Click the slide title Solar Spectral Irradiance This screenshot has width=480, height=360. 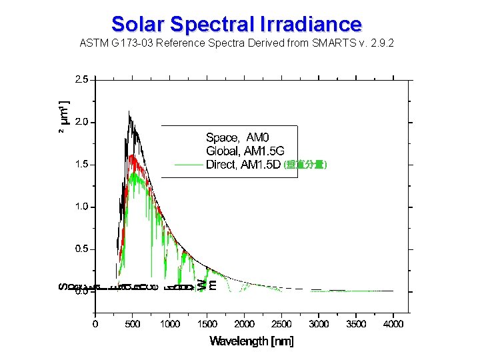pos(237,24)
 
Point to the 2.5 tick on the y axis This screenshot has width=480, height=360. pos(81,79)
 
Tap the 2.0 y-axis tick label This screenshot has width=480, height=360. pos(81,122)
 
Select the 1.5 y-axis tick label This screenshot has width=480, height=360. pos(81,165)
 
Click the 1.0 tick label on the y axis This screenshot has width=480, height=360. pos(81,207)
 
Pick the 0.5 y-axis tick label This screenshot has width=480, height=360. pos(81,249)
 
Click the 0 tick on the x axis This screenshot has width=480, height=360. pos(95,324)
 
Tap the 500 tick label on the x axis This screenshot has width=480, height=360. pos(133,324)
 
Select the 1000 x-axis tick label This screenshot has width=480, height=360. pos(170,324)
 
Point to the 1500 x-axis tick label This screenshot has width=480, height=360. pos(207,324)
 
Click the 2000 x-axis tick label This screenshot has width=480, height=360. pos(245,324)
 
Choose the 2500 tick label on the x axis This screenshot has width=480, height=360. pos(282,324)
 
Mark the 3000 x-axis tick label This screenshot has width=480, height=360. pos(319,324)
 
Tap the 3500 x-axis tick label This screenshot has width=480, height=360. pos(357,324)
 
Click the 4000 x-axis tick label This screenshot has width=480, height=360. pos(393,324)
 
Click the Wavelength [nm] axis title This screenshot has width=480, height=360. pos(251,341)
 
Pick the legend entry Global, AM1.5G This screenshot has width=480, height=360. pos(249,151)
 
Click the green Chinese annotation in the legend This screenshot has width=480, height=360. pos(305,165)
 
